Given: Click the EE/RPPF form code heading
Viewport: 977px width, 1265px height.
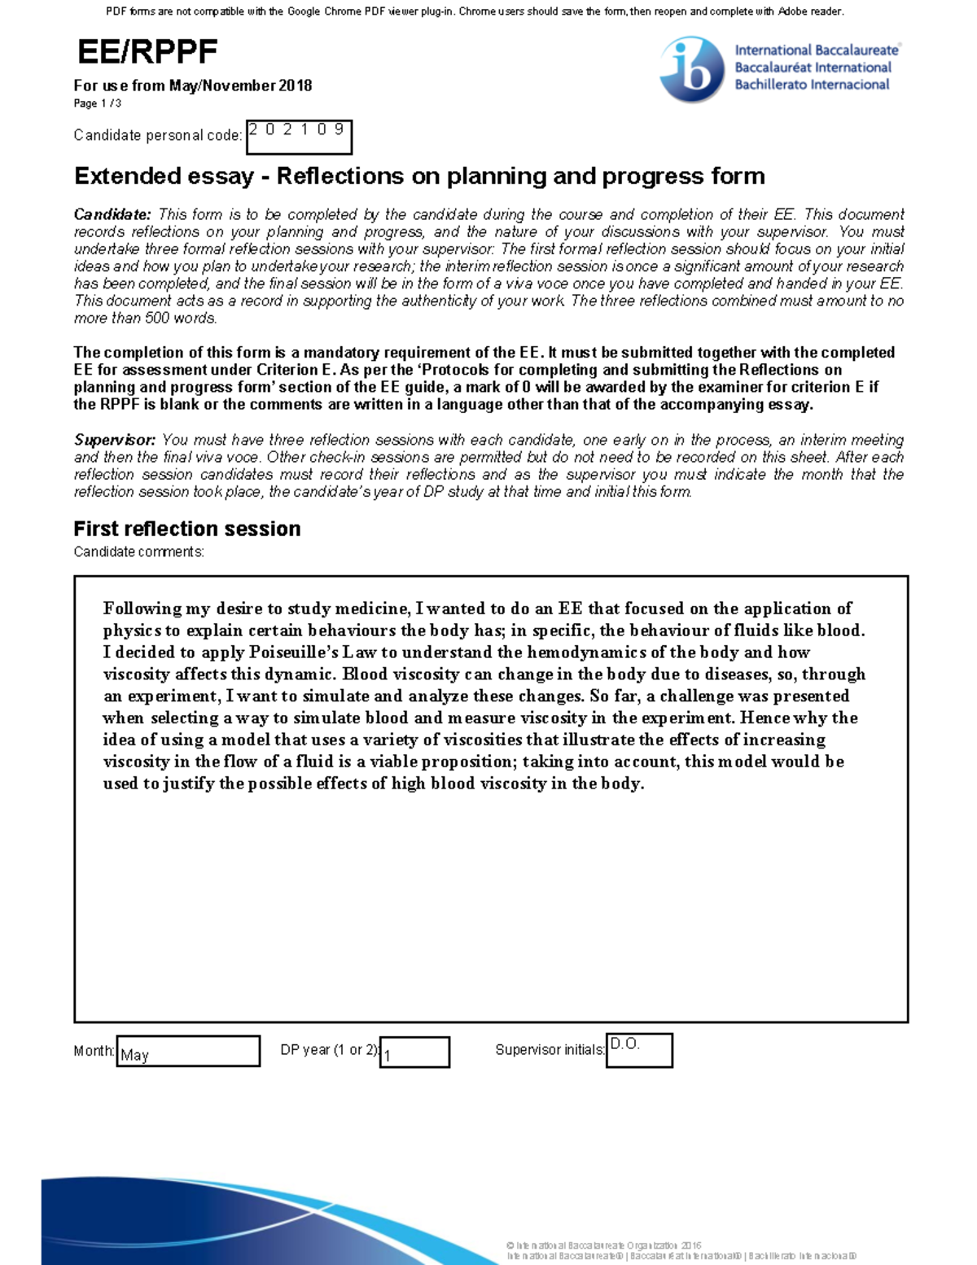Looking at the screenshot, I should pos(147,52).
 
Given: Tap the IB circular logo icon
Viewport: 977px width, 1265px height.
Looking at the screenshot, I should pos(691,70).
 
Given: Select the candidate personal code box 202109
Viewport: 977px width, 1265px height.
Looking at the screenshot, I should pos(299,137).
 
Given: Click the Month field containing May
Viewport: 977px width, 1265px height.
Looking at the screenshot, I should pos(188,1052).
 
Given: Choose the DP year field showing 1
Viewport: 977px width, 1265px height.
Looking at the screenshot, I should pos(414,1052).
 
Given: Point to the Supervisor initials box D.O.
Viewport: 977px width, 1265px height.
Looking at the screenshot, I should pos(639,1050).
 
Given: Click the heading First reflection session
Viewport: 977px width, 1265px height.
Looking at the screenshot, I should pos(187,529).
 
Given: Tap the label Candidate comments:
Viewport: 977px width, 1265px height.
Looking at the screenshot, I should pos(138,552).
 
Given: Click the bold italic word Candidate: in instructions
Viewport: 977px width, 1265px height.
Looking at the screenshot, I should pos(112,214).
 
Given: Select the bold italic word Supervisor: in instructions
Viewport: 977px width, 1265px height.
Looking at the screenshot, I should pos(115,440).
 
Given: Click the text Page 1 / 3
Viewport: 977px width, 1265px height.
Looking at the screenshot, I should pos(98,103).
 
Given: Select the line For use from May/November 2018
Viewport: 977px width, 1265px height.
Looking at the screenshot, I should pos(193,86).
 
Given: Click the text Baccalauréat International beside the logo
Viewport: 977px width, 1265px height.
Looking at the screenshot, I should pos(813,68).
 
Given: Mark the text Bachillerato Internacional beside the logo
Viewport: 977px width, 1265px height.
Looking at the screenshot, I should pos(812,85).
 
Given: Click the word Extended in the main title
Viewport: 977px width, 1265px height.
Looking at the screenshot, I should pos(126,176).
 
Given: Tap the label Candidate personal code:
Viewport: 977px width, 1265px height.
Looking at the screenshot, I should pos(158,135).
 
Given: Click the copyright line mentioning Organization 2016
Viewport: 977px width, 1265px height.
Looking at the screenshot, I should pos(603,1245).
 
